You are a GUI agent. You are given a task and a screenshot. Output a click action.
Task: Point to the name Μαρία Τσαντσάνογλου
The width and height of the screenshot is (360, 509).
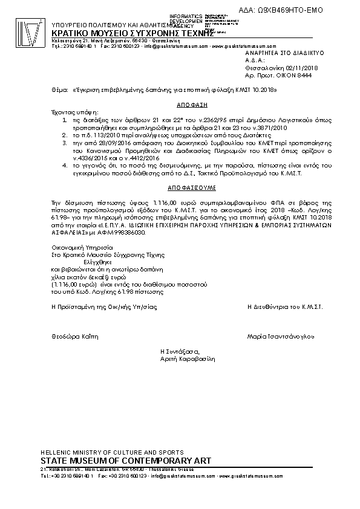[286, 335]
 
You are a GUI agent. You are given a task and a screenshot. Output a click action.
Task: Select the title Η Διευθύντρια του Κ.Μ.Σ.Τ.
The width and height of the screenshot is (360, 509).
[286, 307]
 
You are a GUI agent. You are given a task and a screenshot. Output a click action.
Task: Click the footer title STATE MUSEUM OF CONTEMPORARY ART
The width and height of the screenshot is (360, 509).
[125, 461]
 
